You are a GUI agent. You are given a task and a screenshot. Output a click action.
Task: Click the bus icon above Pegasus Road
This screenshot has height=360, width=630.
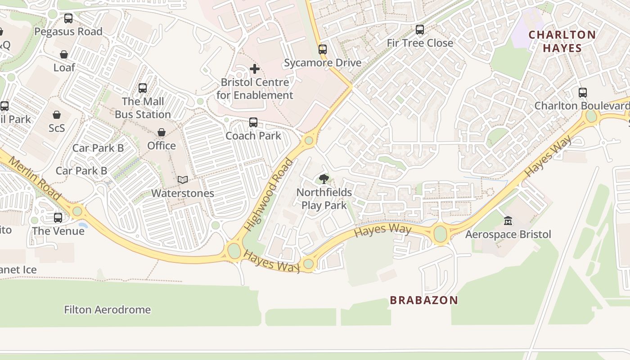pyautogui.click(x=68, y=18)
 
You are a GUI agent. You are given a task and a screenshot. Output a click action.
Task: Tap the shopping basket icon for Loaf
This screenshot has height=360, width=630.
pyautogui.click(x=64, y=54)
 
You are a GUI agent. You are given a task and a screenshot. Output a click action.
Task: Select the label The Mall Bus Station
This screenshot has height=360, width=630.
pyautogui.click(x=143, y=108)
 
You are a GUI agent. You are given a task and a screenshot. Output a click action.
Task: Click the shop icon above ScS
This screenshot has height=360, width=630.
pyautogui.click(x=57, y=115)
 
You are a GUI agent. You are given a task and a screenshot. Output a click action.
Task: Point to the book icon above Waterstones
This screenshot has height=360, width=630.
pyautogui.click(x=182, y=180)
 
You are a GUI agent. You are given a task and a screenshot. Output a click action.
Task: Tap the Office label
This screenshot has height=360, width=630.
pyautogui.click(x=162, y=146)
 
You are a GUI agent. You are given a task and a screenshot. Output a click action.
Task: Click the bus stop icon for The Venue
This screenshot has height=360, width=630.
pyautogui.click(x=58, y=218)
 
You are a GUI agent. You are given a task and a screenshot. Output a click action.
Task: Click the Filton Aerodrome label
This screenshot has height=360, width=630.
pyautogui.click(x=108, y=310)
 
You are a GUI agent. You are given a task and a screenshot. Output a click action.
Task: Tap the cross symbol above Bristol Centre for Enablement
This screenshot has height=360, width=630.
pyautogui.click(x=254, y=69)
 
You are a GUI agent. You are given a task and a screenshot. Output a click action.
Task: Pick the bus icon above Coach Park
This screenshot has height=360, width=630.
pyautogui.click(x=253, y=122)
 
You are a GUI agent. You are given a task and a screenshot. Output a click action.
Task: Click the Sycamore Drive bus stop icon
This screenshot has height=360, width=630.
pyautogui.click(x=322, y=49)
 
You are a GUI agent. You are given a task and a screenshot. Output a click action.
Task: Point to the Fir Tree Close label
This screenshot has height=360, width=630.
pyautogui.click(x=420, y=43)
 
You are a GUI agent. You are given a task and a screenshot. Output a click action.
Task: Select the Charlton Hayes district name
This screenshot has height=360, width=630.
pyautogui.click(x=562, y=41)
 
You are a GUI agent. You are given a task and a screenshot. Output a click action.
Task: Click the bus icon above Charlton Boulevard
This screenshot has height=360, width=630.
pyautogui.click(x=583, y=93)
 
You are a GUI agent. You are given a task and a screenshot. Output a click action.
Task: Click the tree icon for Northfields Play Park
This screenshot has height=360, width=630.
pyautogui.click(x=324, y=179)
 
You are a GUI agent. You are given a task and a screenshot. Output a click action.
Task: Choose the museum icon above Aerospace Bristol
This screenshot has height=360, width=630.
pyautogui.click(x=508, y=221)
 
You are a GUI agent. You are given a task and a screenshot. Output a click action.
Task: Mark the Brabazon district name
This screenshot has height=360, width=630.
pyautogui.click(x=423, y=300)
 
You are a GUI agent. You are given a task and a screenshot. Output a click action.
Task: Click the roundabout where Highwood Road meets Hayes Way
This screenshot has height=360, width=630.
pyautogui.click(x=234, y=251)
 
